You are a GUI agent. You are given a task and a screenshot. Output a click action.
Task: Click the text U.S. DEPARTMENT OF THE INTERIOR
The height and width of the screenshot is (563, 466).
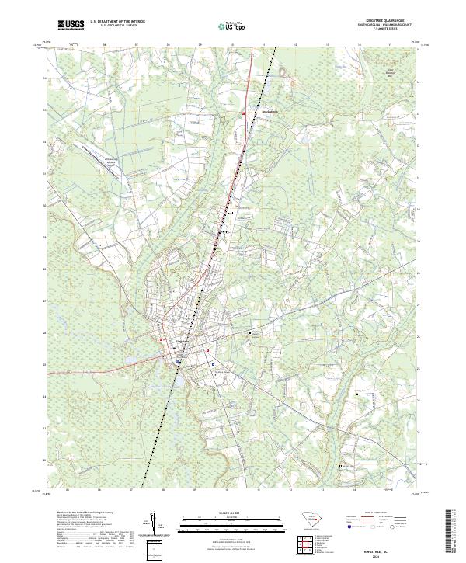117,22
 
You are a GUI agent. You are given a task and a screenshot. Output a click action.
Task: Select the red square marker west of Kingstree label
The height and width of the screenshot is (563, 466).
162,339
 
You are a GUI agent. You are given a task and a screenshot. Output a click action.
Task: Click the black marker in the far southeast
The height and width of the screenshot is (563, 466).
341,465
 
